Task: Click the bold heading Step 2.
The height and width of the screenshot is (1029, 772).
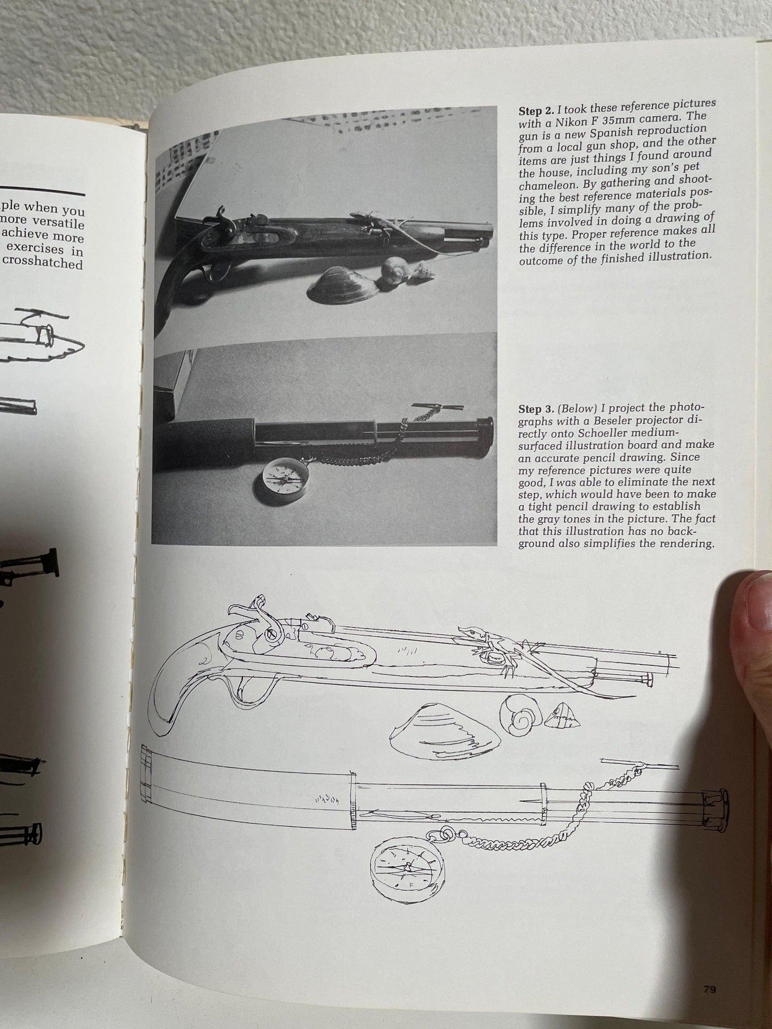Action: [536, 112]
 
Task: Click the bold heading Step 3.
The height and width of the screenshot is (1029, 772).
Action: [536, 410]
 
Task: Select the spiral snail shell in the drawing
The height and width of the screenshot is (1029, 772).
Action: [521, 720]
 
